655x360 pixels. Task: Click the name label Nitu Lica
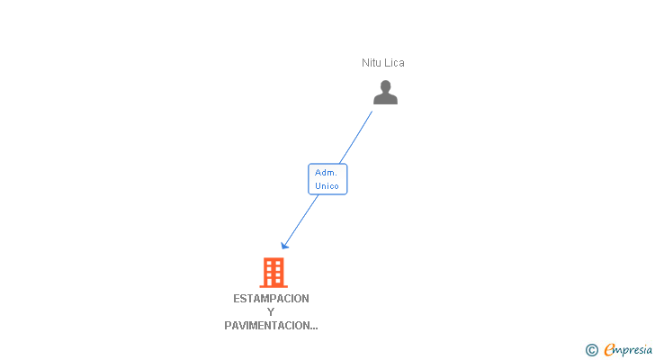point(383,63)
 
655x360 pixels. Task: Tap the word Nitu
point(372,63)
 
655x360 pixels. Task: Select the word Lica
point(394,63)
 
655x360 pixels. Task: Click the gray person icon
point(385,92)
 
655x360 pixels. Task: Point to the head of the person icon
point(385,86)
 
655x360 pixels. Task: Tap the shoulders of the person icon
point(385,99)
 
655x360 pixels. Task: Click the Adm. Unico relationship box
point(327,179)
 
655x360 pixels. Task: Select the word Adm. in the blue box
point(327,173)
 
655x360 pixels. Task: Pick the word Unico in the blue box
point(327,186)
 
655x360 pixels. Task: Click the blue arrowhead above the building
point(284,245)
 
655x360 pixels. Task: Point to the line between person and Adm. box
point(356,137)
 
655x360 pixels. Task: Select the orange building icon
point(273,272)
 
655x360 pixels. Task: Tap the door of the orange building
point(273,283)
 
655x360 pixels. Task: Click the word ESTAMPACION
point(271,299)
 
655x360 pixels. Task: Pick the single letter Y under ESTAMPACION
point(271,312)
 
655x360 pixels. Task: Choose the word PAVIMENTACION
point(265,326)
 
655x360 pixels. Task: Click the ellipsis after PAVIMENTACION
point(313,328)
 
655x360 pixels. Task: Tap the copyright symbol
point(592,350)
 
